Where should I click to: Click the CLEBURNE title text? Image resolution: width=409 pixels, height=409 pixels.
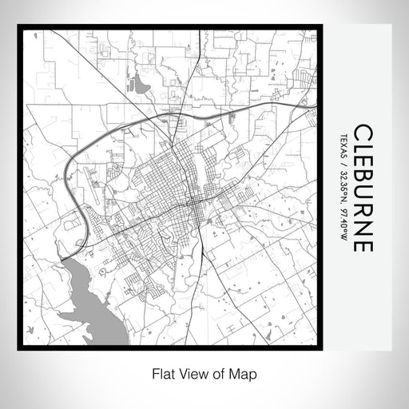coord(361,188)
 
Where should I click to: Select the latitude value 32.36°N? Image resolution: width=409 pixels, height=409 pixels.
coord(343,185)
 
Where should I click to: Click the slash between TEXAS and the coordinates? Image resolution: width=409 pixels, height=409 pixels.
coord(343,160)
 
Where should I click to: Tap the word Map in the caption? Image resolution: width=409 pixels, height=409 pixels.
coord(244,372)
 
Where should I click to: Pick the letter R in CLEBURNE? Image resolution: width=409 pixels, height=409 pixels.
coord(361,211)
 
